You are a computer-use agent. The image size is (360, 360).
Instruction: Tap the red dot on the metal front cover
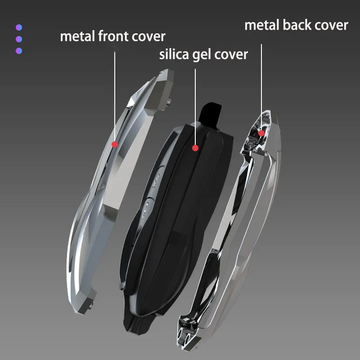click(x=115, y=144)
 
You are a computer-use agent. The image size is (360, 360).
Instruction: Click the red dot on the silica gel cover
click(x=195, y=147)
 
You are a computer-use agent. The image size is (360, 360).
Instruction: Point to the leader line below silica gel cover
click(x=195, y=103)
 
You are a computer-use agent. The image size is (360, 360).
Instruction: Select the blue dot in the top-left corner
click(x=18, y=28)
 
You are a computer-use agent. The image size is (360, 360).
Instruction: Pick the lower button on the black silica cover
click(x=144, y=208)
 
